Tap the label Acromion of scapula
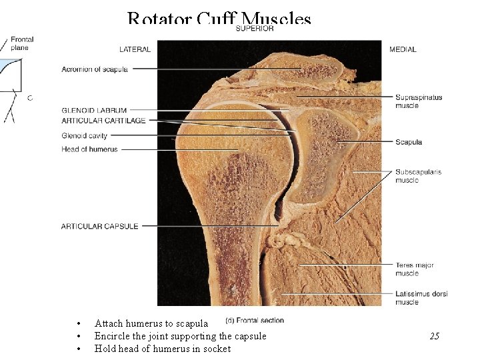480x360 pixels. pos(95,69)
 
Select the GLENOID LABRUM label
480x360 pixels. pos(94,110)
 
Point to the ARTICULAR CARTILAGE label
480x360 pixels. pos(103,120)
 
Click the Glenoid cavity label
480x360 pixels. pos(84,136)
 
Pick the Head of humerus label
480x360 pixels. pos(89,149)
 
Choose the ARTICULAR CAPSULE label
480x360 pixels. pos(100,226)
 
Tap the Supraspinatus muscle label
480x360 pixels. pos(418,101)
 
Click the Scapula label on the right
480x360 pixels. pos(408,142)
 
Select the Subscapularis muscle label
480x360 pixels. pos(418,176)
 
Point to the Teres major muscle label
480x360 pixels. pos(414,269)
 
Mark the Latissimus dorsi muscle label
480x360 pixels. pos(421,298)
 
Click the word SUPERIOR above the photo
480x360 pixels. pos(255,29)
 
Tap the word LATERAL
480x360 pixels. pos(135,49)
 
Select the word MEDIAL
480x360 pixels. pos(403,49)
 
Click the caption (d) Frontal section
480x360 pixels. pos(255,320)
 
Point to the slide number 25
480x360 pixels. pos(434,336)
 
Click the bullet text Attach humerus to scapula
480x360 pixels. pos(151,323)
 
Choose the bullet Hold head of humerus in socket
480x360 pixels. pos(163,349)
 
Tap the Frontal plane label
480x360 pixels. pos(22,44)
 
